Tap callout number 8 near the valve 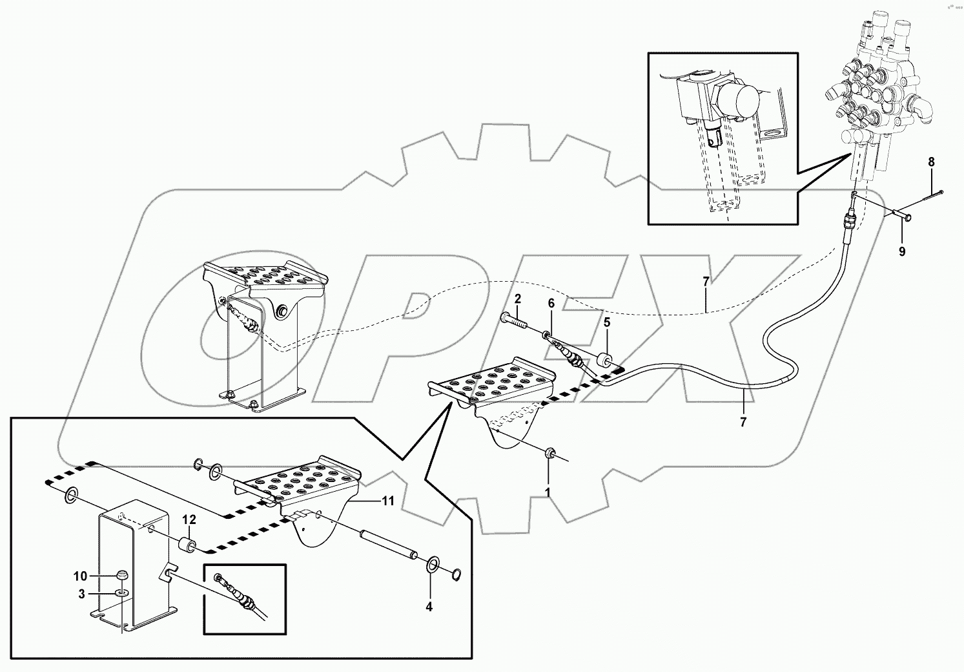[931, 162]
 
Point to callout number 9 [902, 251]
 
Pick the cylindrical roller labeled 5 [606, 360]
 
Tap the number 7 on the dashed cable [706, 282]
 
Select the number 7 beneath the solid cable [743, 422]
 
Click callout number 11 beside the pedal [387, 500]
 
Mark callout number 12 [188, 519]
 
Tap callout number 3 [82, 594]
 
